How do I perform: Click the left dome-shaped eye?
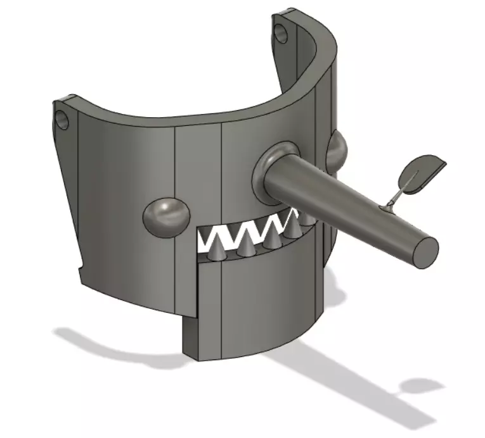pyautogui.click(x=166, y=216)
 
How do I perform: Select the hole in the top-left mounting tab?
pyautogui.click(x=63, y=119)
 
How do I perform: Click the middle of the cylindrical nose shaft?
pyautogui.click(x=342, y=203)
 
